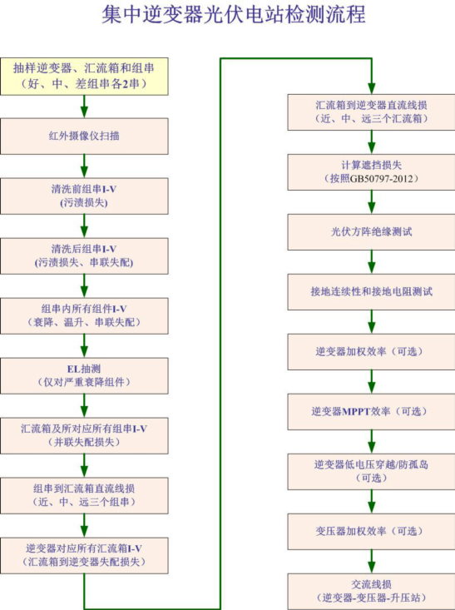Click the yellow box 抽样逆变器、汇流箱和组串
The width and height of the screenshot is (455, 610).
(84, 75)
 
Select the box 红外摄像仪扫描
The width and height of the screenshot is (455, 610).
(84, 136)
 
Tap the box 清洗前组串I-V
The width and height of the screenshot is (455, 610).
(84, 195)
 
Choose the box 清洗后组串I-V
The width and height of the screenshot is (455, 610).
(84, 255)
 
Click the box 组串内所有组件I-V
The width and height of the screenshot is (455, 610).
(84, 315)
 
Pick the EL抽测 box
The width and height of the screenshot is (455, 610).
(84, 374)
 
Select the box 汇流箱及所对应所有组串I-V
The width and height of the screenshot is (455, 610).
(84, 434)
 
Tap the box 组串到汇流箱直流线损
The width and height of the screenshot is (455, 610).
(84, 494)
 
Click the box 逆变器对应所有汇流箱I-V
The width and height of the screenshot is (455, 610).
(84, 554)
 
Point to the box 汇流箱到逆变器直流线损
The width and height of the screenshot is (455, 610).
(371, 112)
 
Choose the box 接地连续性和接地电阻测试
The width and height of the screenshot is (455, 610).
(371, 292)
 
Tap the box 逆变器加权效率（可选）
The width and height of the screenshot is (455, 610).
(371, 351)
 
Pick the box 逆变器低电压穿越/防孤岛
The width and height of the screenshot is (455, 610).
(371, 471)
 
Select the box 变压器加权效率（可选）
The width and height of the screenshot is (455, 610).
(371, 531)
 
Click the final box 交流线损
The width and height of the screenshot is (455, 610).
(371, 590)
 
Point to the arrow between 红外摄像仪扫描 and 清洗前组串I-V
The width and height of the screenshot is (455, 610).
(84, 166)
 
